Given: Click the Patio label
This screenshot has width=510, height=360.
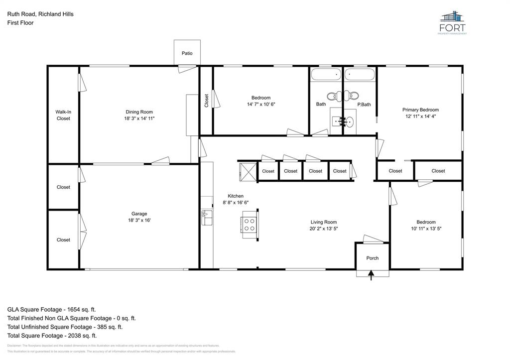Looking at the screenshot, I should click(187, 53).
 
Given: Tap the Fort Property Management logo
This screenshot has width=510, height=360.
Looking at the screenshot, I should click(453, 22).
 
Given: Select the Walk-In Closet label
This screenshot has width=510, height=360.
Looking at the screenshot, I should click(63, 115).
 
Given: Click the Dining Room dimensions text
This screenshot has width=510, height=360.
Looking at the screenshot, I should click(139, 119).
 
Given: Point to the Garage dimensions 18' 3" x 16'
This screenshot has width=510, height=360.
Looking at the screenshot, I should click(139, 220).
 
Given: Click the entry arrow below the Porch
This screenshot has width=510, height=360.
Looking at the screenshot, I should click(371, 275).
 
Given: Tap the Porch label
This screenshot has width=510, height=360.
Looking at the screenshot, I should click(372, 258).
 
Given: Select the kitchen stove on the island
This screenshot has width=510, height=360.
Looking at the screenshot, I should click(250, 224).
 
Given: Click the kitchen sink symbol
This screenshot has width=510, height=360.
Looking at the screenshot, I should click(205, 216).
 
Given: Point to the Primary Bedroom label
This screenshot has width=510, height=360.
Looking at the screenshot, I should click(420, 110).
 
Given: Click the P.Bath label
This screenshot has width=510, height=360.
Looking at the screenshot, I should click(364, 105).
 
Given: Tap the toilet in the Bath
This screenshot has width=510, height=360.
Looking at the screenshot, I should click(332, 96).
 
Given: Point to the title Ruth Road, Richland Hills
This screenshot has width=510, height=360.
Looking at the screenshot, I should click(40, 14).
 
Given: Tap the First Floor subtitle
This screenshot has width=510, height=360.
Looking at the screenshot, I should click(20, 23).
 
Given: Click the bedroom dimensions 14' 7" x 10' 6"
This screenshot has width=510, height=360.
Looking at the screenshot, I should click(261, 105).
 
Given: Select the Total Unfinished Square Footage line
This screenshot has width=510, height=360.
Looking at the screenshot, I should click(65, 327).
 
